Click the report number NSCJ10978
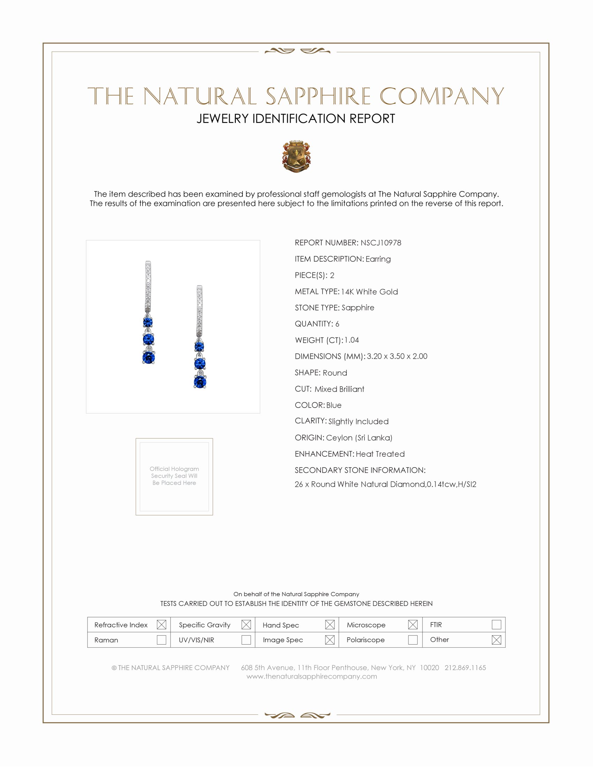(381, 243)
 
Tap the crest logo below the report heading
(296, 157)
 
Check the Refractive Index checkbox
(161, 624)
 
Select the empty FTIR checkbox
(496, 624)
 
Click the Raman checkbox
(161, 640)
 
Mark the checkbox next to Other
(496, 640)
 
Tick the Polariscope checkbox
(413, 640)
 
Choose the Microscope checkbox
(413, 624)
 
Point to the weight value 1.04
(352, 340)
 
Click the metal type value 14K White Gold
(369, 291)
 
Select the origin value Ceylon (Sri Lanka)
(359, 438)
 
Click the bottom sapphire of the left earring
(149, 357)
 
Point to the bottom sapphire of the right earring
(200, 382)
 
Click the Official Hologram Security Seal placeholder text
(174, 476)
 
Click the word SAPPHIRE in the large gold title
(318, 96)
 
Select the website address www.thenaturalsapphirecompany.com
(311, 676)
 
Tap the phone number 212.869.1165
(465, 668)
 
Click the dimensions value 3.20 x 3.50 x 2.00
(397, 356)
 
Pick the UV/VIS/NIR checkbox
(246, 640)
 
